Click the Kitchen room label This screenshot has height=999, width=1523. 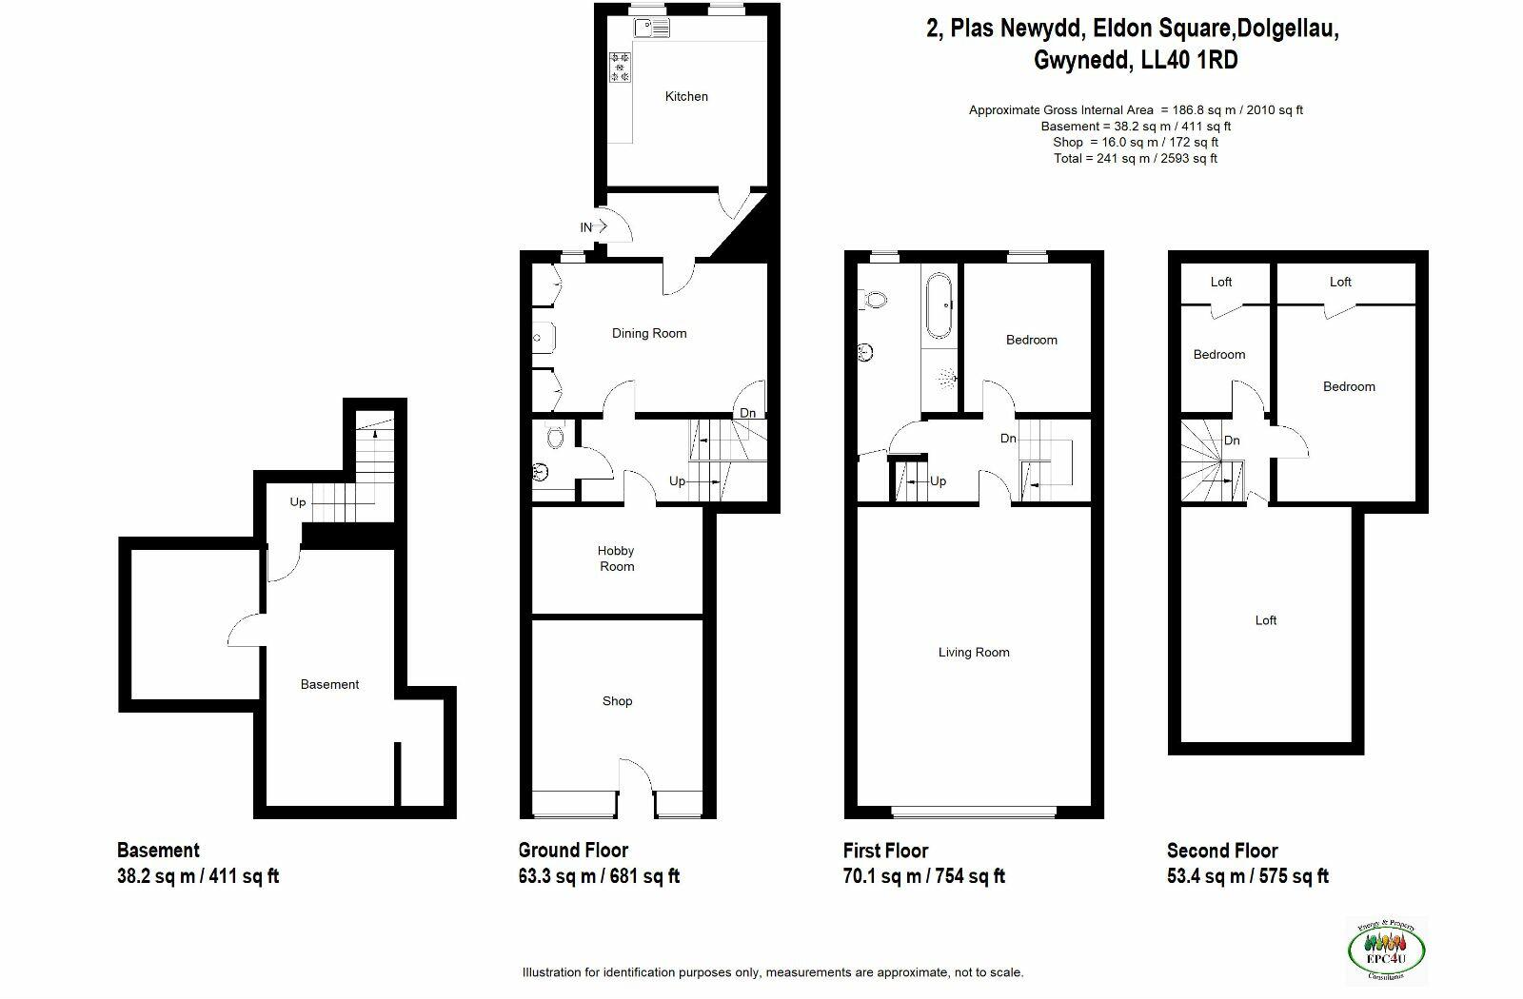coord(686,96)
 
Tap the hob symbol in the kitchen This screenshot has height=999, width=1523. coord(621,68)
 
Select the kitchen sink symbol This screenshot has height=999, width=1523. coord(653,29)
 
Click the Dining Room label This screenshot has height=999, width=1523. coord(648,333)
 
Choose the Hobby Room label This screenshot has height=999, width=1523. coord(616,558)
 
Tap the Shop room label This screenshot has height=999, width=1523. coord(617,701)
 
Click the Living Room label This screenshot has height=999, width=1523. coord(973,652)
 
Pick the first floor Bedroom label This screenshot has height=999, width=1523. coord(1031,340)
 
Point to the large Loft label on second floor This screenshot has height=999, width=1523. coord(1265,620)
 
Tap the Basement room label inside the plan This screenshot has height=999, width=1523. coord(329,684)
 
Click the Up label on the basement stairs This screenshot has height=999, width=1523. coord(298,502)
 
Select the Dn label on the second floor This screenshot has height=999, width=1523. coord(1232,441)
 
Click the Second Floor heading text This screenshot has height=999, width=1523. coord(1222,851)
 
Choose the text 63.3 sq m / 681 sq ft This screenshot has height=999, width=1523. coord(599,876)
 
